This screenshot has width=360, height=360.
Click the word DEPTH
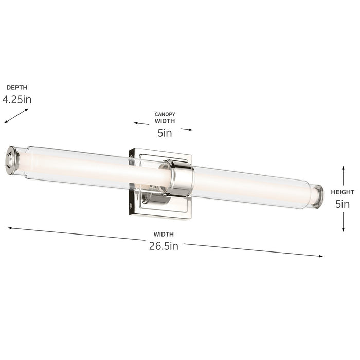coord(16,88)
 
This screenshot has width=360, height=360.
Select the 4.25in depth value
coord(16,99)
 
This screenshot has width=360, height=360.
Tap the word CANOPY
coord(165,114)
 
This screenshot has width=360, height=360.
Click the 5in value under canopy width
coord(165,133)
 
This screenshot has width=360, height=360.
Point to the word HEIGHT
coord(343,192)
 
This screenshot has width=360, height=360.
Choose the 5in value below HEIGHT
coord(343,204)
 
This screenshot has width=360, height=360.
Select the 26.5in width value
coord(163,246)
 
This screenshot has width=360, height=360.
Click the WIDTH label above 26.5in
coord(163,235)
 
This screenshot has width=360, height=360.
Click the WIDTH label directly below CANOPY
coord(165,121)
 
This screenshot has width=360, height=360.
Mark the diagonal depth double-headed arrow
coord(16,116)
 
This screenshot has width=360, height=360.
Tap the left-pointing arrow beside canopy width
coord(141,123)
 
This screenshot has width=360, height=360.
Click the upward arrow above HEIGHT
coord(343,175)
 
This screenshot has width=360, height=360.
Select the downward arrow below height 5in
coord(343,222)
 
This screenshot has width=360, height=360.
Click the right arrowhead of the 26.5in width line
coord(320,256)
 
